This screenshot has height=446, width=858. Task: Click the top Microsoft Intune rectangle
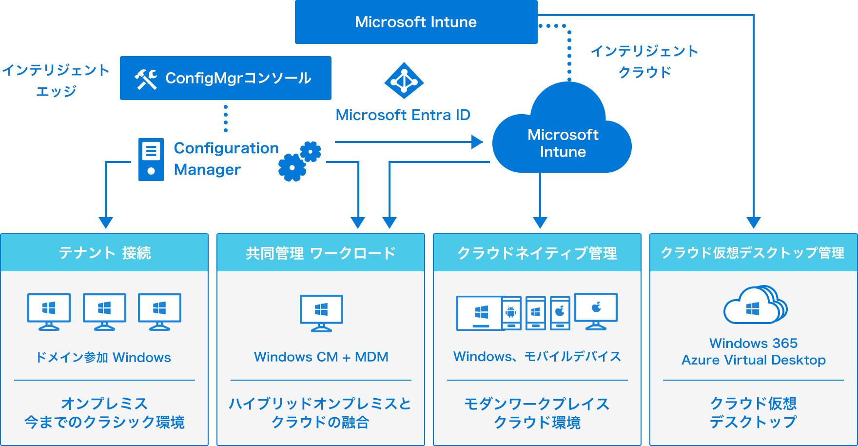416,22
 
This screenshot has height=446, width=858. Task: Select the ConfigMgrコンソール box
225,78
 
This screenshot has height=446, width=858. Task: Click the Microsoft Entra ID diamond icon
404,81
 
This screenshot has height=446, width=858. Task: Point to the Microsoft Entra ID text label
403,115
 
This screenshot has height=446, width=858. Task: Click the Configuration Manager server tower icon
151,160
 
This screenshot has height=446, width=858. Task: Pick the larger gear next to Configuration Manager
292,168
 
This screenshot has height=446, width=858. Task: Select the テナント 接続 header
104,253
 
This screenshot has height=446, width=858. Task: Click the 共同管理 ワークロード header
321,253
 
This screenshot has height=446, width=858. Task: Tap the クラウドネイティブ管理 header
537,253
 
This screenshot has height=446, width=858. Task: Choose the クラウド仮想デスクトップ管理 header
753,253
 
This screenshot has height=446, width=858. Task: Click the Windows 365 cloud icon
755,305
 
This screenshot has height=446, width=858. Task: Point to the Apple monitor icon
596,311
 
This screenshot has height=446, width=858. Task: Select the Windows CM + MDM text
321,357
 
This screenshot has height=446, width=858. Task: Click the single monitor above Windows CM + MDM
321,313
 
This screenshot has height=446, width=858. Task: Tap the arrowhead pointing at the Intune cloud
477,142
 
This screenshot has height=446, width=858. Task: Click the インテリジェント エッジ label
56,81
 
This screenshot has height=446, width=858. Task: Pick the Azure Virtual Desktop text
753,360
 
